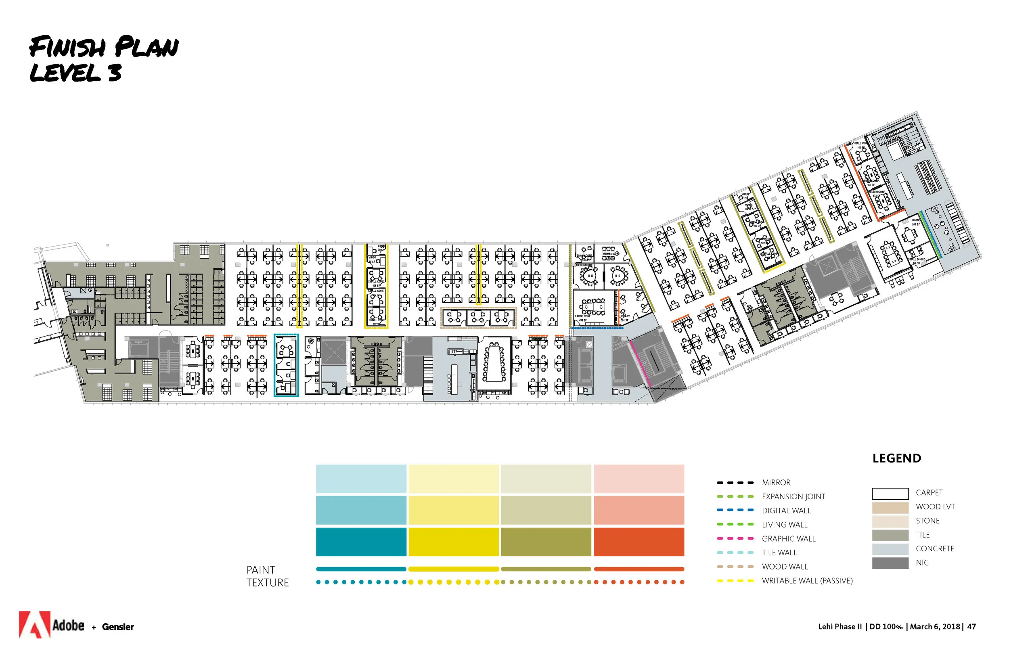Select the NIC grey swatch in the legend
[x=890, y=563]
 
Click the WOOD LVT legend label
[x=935, y=507]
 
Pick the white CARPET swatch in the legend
[x=890, y=494]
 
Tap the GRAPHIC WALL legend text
[x=788, y=538]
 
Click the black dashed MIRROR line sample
[x=735, y=483]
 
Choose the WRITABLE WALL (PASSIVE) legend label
[x=807, y=580]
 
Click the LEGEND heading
[x=896, y=458]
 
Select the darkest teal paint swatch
[x=361, y=542]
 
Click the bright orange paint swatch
[x=638, y=542]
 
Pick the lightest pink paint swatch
[x=638, y=479]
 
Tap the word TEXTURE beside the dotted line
[x=268, y=583]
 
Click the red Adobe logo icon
[x=34, y=624]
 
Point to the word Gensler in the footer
[x=118, y=627]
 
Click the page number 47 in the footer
[x=971, y=626]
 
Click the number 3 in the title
[x=115, y=73]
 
